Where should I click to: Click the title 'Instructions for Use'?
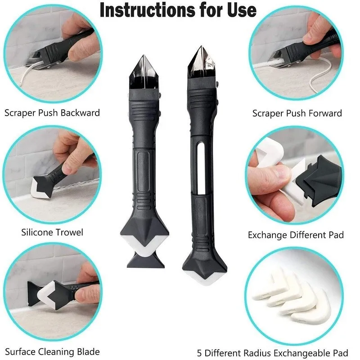point(178,10)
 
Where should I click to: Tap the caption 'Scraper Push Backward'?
point(52,112)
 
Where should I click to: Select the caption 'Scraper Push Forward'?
point(297,113)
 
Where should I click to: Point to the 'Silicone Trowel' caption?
point(52,232)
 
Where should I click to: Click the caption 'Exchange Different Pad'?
point(296,234)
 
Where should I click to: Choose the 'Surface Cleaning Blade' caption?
point(52,351)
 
